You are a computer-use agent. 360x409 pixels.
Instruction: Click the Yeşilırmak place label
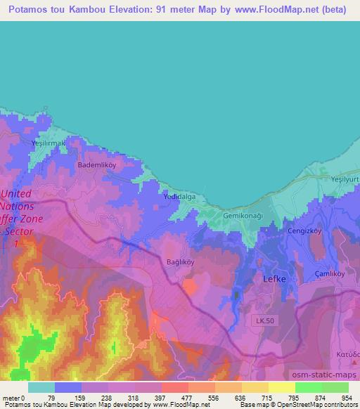click(x=49, y=143)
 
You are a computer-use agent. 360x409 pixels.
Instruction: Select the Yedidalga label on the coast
click(x=179, y=198)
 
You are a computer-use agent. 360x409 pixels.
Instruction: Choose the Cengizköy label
click(x=304, y=231)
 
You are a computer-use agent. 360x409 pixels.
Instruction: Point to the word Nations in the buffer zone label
click(x=17, y=207)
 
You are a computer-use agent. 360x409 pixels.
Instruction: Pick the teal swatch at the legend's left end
click(x=41, y=387)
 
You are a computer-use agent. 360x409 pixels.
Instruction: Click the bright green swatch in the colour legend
click(x=308, y=387)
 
